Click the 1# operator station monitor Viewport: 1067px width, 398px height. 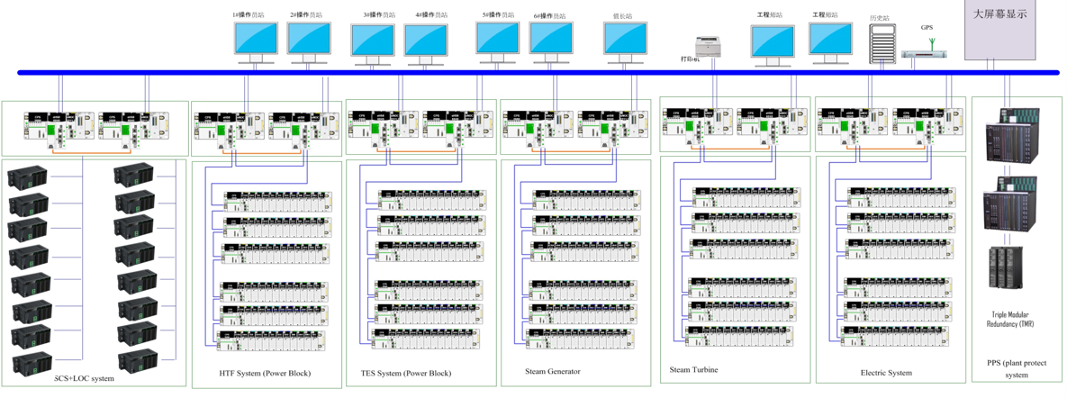[256, 40]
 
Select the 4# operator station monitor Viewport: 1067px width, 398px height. [426, 41]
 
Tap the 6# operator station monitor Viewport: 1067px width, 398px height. [551, 40]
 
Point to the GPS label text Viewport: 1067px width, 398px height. [927, 28]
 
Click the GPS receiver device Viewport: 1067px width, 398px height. [926, 54]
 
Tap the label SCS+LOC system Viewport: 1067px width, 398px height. [85, 378]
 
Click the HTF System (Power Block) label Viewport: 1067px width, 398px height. [259, 373]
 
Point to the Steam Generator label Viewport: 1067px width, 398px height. [553, 371]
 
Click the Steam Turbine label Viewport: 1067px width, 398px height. [694, 369]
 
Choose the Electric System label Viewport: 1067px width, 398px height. [886, 373]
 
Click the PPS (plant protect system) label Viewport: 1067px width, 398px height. [1017, 369]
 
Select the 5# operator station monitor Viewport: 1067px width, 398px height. [497, 38]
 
